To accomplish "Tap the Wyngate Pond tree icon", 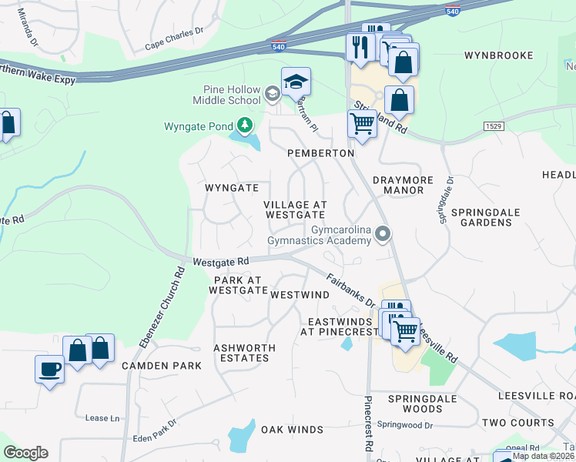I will [245, 125].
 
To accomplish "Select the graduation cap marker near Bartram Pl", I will [296, 82].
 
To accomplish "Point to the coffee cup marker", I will [50, 369].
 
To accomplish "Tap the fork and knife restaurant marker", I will [360, 48].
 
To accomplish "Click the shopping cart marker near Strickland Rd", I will [361, 122].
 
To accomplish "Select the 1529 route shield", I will [494, 126].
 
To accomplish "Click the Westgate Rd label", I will [221, 262].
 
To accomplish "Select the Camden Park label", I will [162, 366].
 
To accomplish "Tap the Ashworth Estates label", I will [242, 353].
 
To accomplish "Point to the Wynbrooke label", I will [499, 55].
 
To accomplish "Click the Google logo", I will [25, 453].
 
